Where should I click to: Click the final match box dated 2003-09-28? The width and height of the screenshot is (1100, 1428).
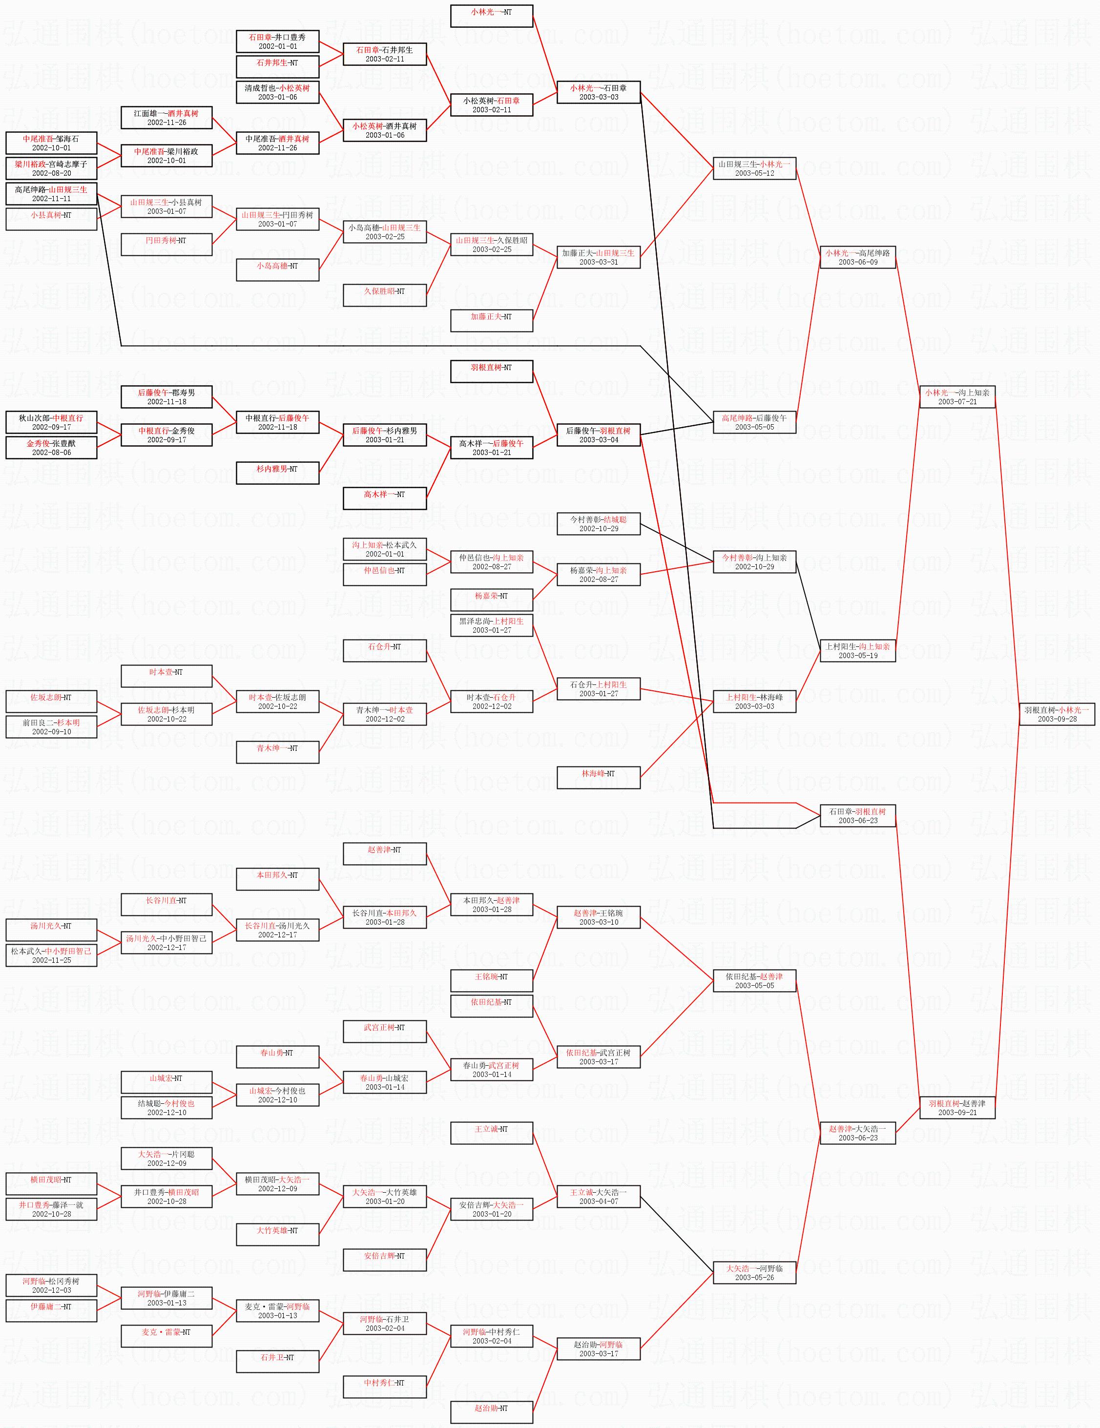[x=1057, y=714]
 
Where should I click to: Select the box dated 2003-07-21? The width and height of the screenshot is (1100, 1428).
[x=957, y=397]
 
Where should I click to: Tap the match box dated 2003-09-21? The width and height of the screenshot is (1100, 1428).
[x=957, y=1108]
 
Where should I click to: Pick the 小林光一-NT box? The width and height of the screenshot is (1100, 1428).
[x=491, y=16]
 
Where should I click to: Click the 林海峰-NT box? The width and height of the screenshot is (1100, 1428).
[x=598, y=777]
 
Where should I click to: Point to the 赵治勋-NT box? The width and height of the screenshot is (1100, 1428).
[x=491, y=1413]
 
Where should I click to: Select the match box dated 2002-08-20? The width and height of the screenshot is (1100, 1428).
[x=51, y=169]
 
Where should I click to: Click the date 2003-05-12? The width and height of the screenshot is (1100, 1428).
[x=754, y=173]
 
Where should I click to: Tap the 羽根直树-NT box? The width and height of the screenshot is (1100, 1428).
[x=491, y=372]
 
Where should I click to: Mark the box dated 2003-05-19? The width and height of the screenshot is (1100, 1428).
[x=857, y=655]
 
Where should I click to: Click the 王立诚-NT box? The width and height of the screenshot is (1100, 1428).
[x=491, y=1133]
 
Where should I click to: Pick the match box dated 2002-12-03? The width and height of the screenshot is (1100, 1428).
[x=51, y=1285]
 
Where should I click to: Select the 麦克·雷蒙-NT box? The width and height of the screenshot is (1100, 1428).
[x=166, y=1337]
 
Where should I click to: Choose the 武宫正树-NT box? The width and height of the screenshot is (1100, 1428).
[x=385, y=1031]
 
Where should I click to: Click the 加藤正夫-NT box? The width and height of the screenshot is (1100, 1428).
[x=491, y=320]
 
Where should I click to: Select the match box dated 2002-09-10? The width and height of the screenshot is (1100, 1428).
[x=51, y=726]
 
